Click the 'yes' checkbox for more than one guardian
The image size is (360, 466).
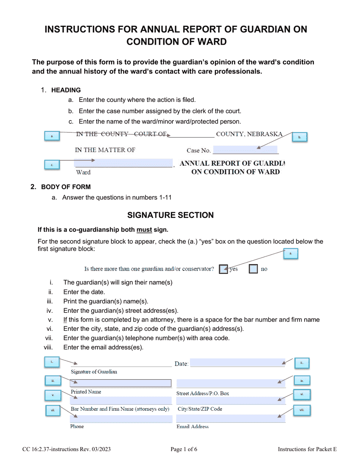[224, 269]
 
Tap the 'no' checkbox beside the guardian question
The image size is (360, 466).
[254, 269]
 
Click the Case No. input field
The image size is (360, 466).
[245, 150]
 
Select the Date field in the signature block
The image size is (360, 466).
[237, 363]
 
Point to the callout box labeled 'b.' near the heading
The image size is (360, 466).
[299, 137]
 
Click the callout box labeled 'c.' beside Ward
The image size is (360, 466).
[52, 165]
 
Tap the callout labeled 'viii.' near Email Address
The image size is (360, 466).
[302, 410]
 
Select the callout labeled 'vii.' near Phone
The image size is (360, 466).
[53, 410]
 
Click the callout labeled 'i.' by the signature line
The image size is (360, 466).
[52, 362]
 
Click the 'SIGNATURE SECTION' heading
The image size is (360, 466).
[170, 215]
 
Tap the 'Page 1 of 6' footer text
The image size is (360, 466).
[184, 449]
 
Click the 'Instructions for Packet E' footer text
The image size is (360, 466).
[307, 449]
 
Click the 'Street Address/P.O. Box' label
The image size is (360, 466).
[203, 393]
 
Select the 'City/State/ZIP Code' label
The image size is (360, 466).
[200, 409]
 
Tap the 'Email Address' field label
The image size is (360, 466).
[193, 427]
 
